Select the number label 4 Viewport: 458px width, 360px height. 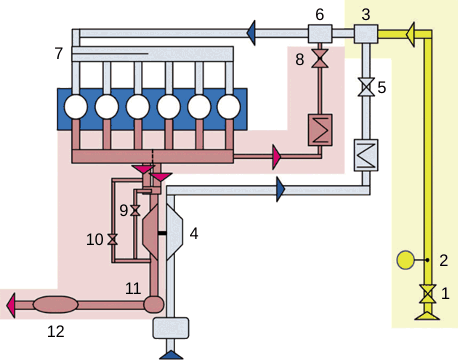(x=194, y=233)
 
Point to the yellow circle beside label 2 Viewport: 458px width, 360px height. (x=405, y=261)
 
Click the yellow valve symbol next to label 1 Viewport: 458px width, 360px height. (x=428, y=294)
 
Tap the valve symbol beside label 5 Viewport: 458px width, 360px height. (x=366, y=88)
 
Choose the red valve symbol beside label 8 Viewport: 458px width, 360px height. (x=321, y=62)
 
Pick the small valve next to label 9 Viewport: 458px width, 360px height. (x=135, y=211)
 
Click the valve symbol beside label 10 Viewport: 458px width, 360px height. (x=113, y=240)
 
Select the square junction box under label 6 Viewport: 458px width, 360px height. (x=320, y=34)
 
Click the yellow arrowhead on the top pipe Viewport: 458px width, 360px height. (x=411, y=35)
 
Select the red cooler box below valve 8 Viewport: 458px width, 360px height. (x=320, y=130)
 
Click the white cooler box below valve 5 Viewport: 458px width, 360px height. (x=365, y=154)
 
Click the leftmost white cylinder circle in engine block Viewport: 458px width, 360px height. (x=76, y=105)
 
